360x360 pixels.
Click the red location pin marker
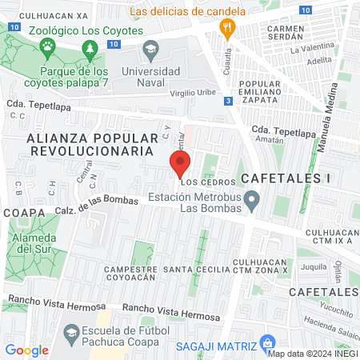click(x=179, y=166)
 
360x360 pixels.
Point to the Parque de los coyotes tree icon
click(x=90, y=51)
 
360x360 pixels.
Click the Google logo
click(x=27, y=350)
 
